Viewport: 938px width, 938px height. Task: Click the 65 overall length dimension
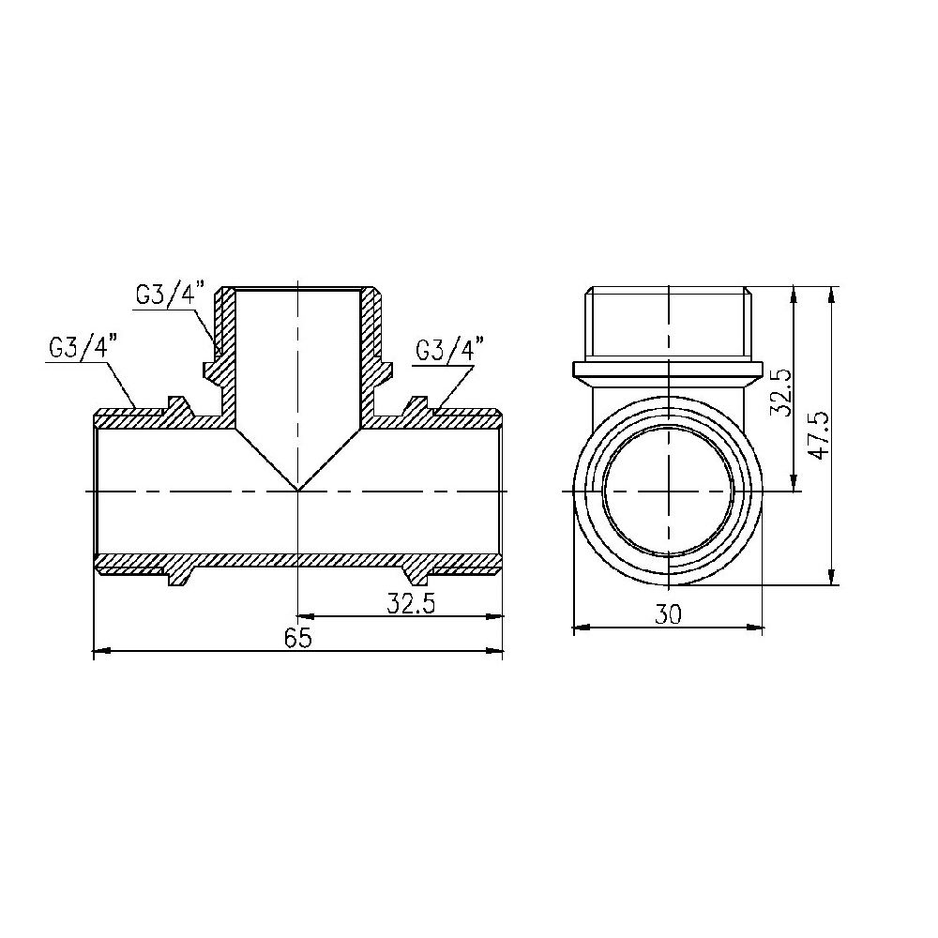point(297,637)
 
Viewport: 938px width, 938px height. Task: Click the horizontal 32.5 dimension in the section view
point(410,605)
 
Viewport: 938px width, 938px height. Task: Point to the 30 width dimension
point(667,614)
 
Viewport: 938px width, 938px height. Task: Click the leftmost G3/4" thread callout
point(78,347)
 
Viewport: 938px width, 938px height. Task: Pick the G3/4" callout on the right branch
point(447,350)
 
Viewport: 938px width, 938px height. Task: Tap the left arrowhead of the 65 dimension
point(101,649)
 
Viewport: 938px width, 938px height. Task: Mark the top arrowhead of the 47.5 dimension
point(832,294)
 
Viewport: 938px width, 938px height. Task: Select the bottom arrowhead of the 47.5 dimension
point(832,579)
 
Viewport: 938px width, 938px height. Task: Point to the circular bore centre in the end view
point(668,491)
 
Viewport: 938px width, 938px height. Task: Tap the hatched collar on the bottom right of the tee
point(416,570)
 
